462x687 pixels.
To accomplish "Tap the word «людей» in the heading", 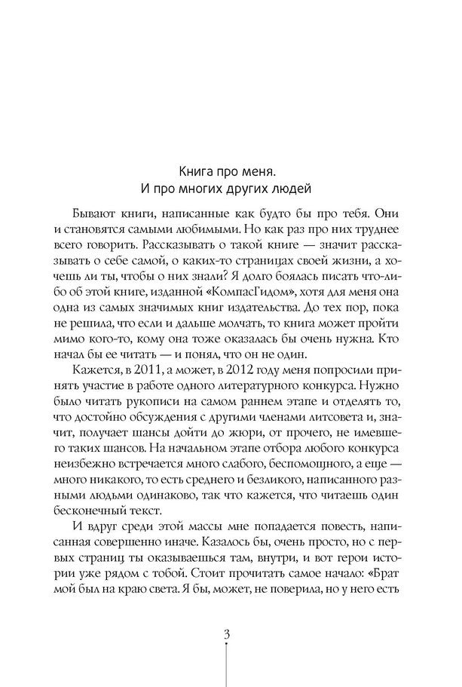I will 290,188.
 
